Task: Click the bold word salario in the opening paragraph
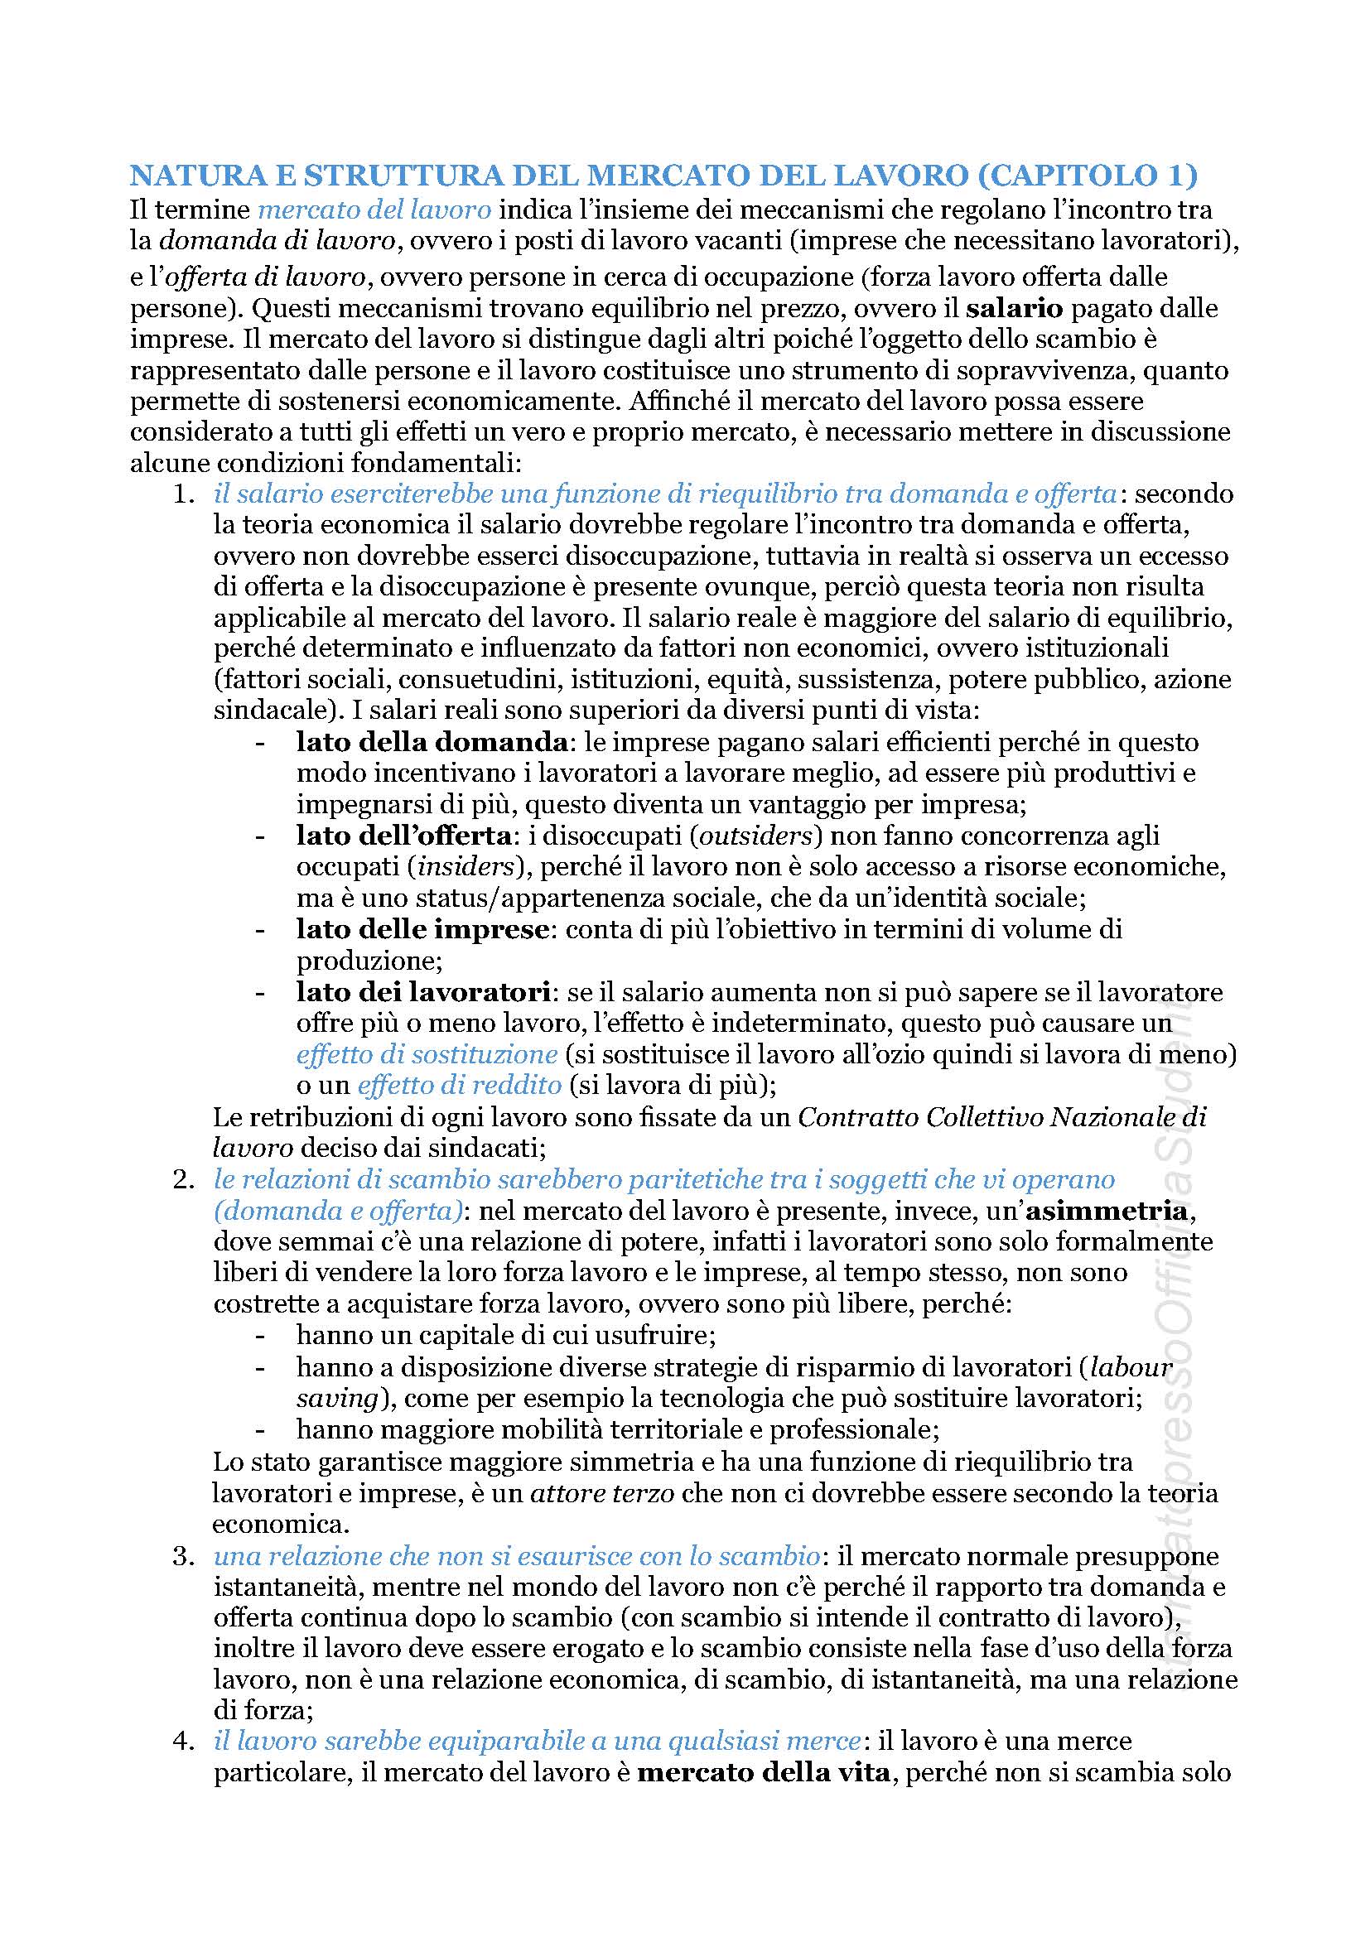pos(1017,308)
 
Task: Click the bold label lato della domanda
pos(431,742)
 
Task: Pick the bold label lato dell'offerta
pos(403,836)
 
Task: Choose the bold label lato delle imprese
pos(422,930)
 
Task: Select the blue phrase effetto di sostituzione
pos(427,1054)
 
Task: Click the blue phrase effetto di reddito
pos(460,1086)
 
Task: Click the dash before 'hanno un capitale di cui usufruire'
pos(261,1337)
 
